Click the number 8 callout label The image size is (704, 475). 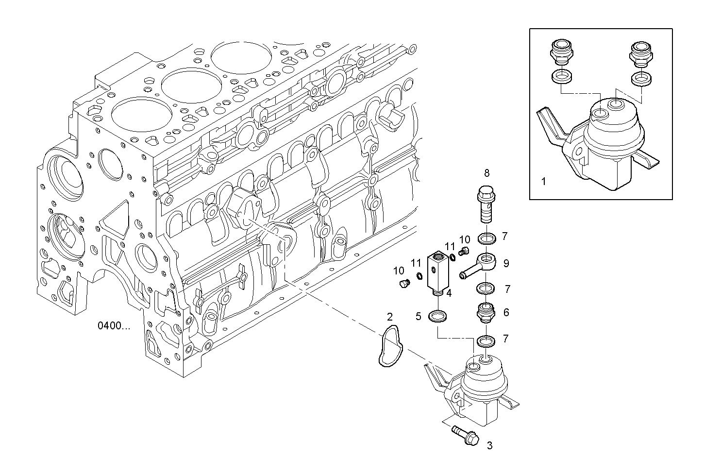[x=486, y=172]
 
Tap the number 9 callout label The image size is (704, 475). [x=506, y=263]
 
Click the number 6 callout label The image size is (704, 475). [x=506, y=312]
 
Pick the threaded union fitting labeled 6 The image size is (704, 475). [x=486, y=312]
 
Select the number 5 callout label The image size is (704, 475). [x=418, y=317]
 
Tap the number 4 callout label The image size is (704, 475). [x=449, y=293]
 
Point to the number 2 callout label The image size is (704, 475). [x=389, y=317]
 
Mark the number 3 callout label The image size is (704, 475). [x=489, y=445]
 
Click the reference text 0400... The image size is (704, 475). [x=114, y=326]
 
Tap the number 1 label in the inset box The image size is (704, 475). [x=543, y=182]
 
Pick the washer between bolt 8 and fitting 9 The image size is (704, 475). [x=486, y=238]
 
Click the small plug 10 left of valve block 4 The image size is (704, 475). [x=401, y=283]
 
